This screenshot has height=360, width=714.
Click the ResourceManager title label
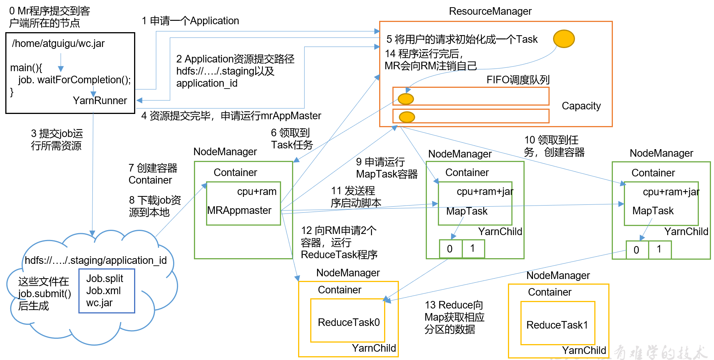[x=490, y=11]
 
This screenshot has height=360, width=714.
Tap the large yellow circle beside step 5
[x=564, y=39]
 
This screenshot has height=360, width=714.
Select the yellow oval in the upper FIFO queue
[x=406, y=99]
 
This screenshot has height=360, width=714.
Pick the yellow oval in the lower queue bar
[x=407, y=117]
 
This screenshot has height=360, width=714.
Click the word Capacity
[x=581, y=106]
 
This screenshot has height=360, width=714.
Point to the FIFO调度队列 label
[x=517, y=80]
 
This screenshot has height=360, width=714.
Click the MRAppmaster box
[x=243, y=204]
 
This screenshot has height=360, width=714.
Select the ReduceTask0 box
[x=348, y=321]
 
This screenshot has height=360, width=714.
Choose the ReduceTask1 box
[x=558, y=323]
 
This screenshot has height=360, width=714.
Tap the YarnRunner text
[x=100, y=101]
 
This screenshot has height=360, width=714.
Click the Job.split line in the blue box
[x=105, y=279]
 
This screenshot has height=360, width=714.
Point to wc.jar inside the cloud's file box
[x=99, y=303]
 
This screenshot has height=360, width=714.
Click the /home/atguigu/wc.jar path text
[x=58, y=44]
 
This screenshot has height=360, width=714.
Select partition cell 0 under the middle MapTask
[x=450, y=249]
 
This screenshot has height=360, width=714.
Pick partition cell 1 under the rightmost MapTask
[x=659, y=249]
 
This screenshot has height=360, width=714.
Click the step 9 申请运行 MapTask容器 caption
[x=386, y=168]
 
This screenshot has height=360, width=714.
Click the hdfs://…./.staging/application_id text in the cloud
[x=95, y=260]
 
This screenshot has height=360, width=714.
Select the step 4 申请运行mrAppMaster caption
[x=231, y=116]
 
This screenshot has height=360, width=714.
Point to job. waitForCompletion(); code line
[x=74, y=80]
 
